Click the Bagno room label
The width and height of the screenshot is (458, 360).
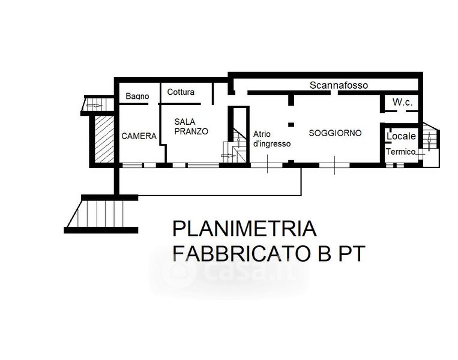[x=137, y=96]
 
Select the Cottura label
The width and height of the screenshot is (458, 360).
[x=181, y=92]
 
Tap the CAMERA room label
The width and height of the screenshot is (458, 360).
[x=139, y=136]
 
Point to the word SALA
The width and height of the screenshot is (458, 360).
[x=185, y=121]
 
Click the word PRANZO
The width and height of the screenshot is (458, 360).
[x=191, y=131]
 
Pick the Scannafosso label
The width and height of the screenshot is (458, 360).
[x=339, y=85]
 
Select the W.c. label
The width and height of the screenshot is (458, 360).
[x=403, y=102]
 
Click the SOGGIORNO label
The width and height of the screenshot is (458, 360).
[x=335, y=133]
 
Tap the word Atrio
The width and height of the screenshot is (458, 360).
[x=262, y=134]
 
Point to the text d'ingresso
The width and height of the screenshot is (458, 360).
[x=272, y=143]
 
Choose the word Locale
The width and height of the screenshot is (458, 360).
[x=401, y=136]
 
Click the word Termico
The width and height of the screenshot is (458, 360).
[x=400, y=152]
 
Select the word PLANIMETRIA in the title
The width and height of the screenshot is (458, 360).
[x=245, y=229]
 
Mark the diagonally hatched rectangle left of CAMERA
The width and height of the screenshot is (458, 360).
[x=104, y=139]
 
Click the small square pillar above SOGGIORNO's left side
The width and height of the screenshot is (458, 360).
[x=291, y=125]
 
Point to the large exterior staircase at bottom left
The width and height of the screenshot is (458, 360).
[x=101, y=214]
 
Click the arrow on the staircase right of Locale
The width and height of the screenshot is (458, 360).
[x=429, y=142]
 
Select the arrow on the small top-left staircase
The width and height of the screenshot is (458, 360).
[x=95, y=105]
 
